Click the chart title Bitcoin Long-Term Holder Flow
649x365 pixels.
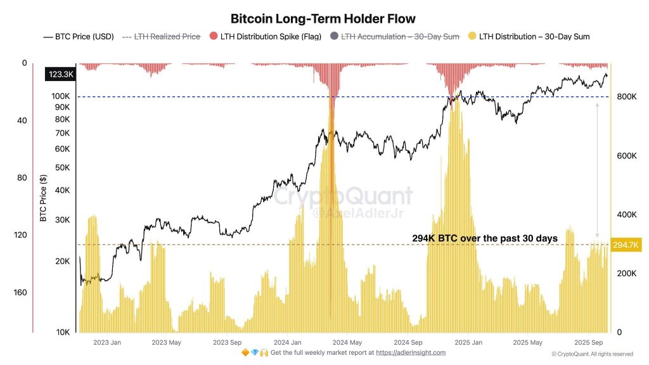pyautogui.click(x=323, y=19)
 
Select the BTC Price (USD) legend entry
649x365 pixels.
pyautogui.click(x=79, y=37)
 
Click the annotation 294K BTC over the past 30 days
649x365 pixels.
pyautogui.click(x=484, y=238)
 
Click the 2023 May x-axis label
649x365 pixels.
pyautogui.click(x=166, y=343)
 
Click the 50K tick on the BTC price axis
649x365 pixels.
pyautogui.click(x=62, y=167)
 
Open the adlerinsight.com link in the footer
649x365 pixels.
pyautogui.click(x=411, y=353)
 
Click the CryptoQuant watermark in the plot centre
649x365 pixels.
pyautogui.click(x=343, y=197)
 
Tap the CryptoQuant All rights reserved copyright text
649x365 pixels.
pyautogui.click(x=592, y=354)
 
